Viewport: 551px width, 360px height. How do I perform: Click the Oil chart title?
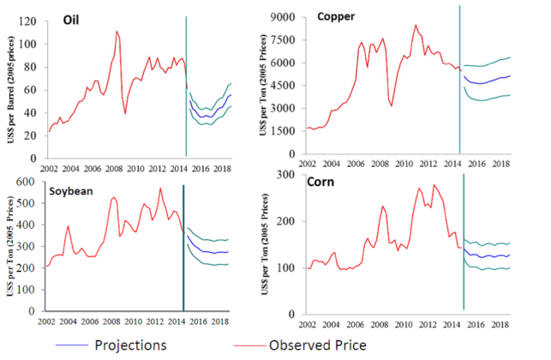click(84, 20)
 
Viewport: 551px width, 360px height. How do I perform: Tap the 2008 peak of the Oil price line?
click(117, 32)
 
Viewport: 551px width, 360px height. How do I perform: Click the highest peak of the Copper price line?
click(416, 25)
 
